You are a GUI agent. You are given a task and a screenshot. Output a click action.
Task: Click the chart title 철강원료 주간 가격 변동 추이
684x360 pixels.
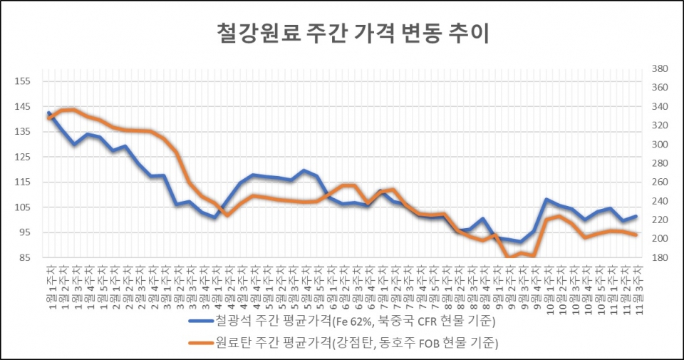(352, 34)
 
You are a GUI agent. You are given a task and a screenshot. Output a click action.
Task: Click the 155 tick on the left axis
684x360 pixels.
(22, 81)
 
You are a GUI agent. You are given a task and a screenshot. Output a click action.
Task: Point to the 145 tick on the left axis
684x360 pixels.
(22, 106)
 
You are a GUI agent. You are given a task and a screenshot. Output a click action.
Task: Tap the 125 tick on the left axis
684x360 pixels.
(22, 157)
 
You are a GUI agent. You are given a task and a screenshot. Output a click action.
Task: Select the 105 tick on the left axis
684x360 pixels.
(22, 207)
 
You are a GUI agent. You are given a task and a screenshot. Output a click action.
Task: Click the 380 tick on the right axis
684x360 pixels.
(659, 69)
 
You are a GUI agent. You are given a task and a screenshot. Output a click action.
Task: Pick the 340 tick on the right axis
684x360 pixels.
(659, 107)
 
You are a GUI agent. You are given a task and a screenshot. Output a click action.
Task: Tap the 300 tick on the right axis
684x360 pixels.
(659, 145)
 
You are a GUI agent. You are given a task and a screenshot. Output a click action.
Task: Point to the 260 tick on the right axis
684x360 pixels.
(659, 182)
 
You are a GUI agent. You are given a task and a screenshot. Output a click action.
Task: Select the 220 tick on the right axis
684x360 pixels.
(659, 220)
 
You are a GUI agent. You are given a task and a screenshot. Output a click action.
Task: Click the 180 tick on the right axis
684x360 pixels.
(659, 257)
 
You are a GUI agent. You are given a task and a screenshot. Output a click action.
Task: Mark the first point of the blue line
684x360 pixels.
(48, 113)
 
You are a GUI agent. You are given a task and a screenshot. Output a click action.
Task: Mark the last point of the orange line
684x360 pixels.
(636, 235)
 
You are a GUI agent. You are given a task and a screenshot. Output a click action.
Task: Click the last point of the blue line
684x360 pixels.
(636, 216)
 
